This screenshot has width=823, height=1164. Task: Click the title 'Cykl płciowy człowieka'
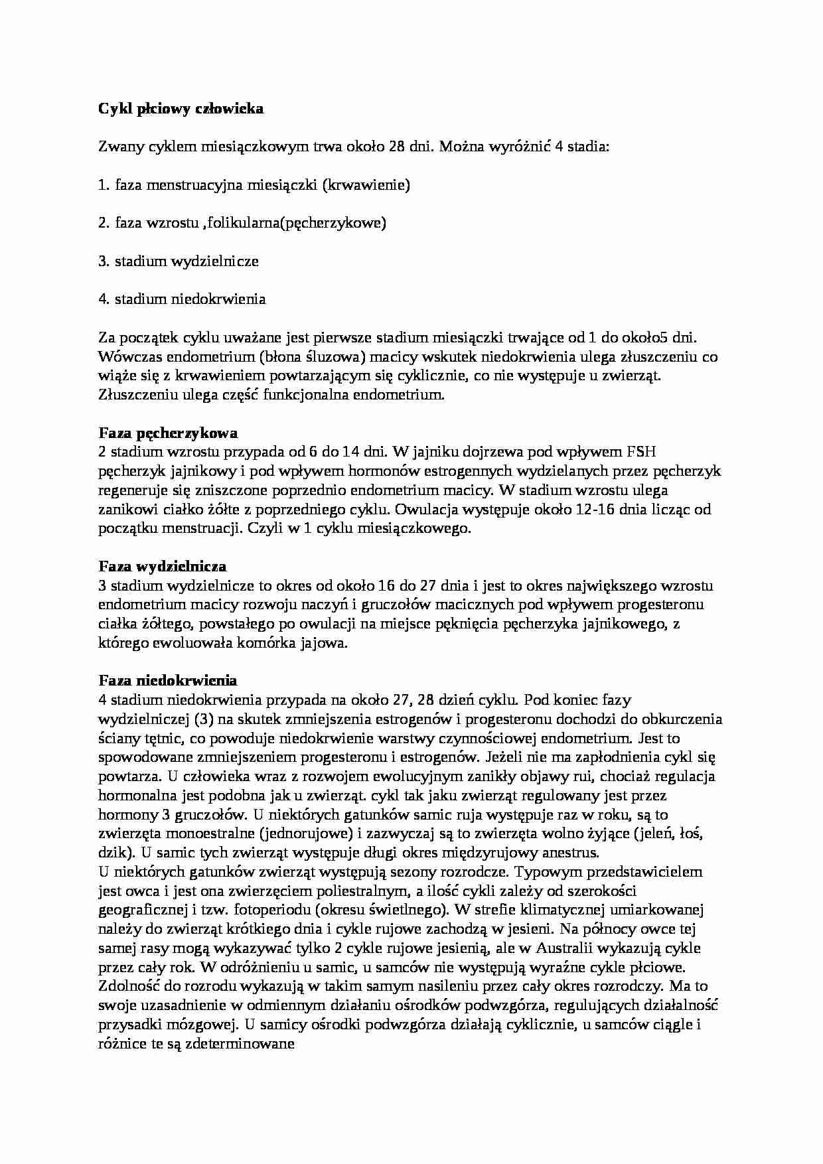pos(181,109)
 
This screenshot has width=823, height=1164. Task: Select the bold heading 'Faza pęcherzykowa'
pos(168,433)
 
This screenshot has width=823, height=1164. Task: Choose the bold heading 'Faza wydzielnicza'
pos(162,566)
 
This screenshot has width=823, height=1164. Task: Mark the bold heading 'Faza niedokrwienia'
pos(167,680)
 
